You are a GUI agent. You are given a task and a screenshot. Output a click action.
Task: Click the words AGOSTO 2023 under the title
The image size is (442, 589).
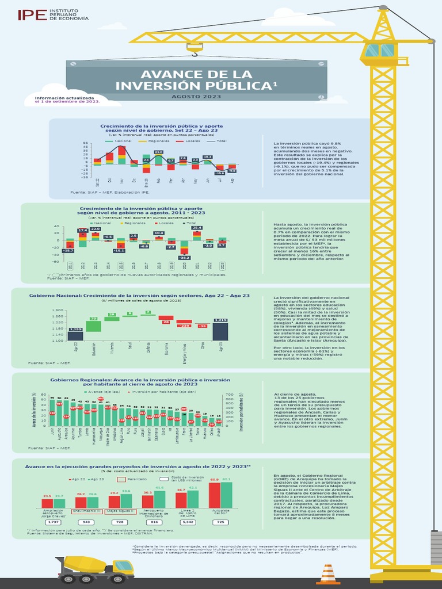tap(197, 97)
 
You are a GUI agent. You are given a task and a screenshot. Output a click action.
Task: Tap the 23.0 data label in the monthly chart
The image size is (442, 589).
tap(158, 152)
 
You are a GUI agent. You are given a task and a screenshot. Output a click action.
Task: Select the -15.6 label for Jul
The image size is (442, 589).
tap(219, 173)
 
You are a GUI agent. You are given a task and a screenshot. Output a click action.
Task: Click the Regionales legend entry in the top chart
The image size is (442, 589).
tap(156, 141)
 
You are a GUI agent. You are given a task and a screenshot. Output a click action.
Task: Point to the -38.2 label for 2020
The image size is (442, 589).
tap(184, 258)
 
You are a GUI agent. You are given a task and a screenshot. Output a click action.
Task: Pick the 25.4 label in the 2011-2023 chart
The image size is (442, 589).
tap(197, 228)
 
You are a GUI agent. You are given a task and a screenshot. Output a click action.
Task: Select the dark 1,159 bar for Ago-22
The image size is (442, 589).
tap(75, 335)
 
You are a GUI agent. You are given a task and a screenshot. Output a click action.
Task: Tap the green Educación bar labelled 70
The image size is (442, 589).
tap(93, 326)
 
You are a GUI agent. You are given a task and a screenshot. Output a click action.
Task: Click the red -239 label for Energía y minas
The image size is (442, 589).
tap(184, 326)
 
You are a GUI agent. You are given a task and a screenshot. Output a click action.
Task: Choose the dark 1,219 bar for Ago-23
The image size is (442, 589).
tap(220, 331)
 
